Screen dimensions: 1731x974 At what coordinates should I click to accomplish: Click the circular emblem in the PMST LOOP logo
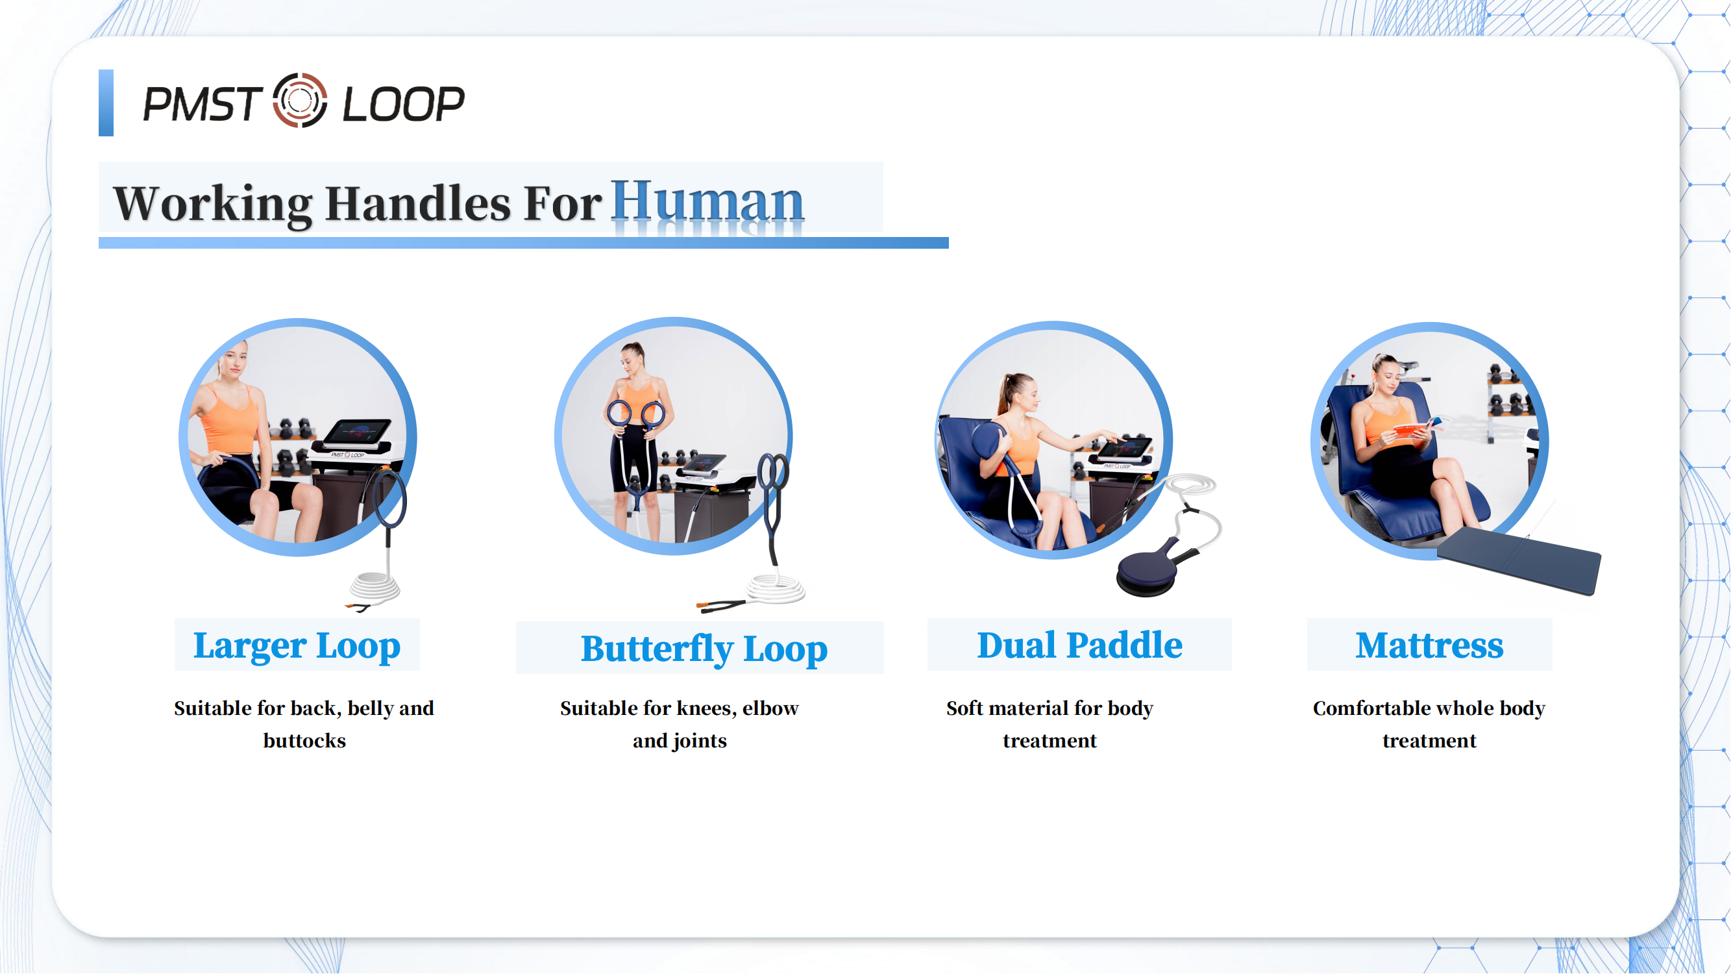300,101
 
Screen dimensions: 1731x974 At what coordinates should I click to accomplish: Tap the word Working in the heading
213,203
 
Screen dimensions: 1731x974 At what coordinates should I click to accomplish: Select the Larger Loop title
297,646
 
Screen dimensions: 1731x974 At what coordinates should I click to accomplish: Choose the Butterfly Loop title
704,649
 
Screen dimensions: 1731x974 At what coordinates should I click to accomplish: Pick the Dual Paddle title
1079,645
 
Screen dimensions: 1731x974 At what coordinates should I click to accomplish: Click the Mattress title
1429,645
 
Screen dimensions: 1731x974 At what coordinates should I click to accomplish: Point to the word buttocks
304,741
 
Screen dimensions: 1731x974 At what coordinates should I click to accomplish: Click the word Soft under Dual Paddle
964,708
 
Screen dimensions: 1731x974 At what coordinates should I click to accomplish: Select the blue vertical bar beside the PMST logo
106,103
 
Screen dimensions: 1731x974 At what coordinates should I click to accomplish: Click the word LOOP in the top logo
403,104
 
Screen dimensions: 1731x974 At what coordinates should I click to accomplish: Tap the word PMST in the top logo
202,104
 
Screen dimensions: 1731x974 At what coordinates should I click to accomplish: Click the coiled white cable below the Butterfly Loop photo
776,589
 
